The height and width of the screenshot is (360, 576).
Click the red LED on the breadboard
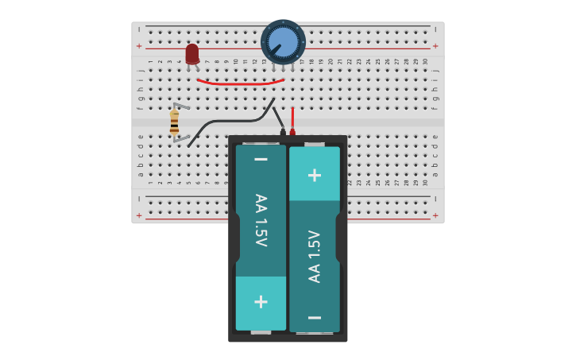point(192,53)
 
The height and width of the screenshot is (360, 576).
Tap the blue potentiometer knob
point(283,41)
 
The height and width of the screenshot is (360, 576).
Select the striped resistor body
point(174,123)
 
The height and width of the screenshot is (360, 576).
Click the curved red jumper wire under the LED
point(240,82)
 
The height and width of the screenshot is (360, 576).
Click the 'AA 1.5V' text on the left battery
point(261,221)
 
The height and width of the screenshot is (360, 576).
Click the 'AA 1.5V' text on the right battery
point(315,256)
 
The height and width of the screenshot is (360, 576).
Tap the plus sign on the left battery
point(261,302)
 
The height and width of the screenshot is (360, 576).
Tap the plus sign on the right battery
point(315,175)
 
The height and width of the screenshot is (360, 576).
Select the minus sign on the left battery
point(261,160)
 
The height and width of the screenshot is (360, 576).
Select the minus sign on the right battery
point(315,318)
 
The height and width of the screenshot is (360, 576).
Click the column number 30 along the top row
point(425,61)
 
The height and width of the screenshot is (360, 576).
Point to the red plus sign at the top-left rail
point(139,46)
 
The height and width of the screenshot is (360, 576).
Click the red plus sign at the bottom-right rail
point(435,215)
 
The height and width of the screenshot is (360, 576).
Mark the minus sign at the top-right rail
point(435,29)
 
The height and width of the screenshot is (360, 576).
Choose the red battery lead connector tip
point(292,132)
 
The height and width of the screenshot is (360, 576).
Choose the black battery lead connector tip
point(282,132)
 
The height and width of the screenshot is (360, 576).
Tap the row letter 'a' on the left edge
point(140,174)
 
